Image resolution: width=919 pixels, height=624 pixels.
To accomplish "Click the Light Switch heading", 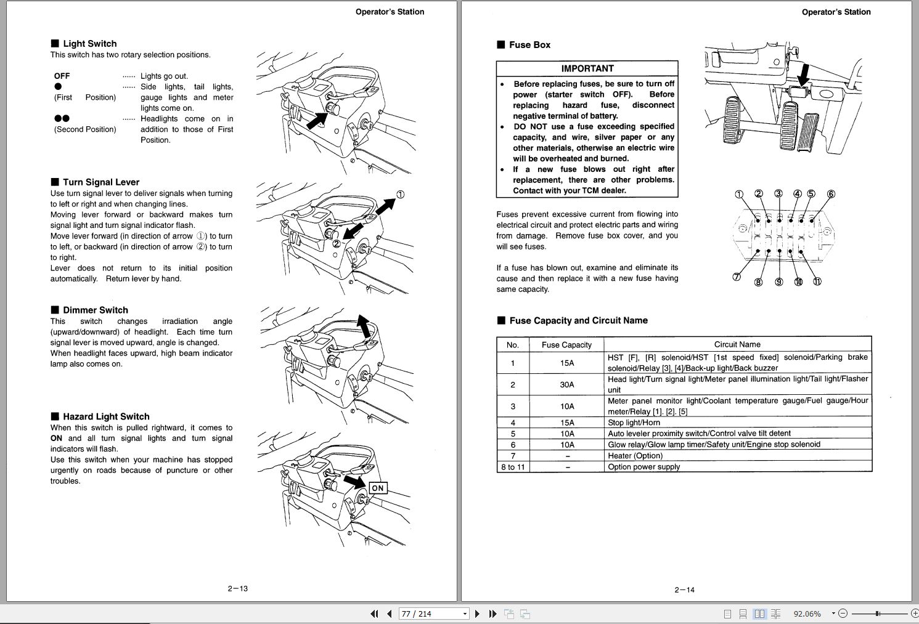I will tap(89, 44).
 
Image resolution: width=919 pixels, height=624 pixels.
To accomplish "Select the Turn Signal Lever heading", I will tap(100, 182).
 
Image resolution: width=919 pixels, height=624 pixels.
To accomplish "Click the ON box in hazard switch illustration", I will tap(377, 488).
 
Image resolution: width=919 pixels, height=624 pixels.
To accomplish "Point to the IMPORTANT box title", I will tap(587, 68).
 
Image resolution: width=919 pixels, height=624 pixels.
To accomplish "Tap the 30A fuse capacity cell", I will tap(566, 384).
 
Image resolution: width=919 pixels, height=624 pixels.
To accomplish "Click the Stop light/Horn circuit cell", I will tap(634, 423).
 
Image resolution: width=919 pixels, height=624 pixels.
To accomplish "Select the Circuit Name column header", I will tap(737, 344).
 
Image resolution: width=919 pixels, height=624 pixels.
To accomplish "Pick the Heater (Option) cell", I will tap(635, 456).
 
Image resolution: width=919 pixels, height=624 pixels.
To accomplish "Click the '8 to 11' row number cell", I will tap(513, 467).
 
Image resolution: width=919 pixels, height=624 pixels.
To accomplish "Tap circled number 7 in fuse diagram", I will tap(736, 277).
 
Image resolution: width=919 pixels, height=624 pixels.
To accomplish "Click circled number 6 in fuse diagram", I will tap(830, 194).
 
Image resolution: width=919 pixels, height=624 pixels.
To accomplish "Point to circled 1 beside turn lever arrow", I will tap(400, 195).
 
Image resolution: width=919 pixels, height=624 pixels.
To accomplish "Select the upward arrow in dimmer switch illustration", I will tap(364, 326).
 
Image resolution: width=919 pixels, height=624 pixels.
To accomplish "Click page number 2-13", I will tap(237, 588).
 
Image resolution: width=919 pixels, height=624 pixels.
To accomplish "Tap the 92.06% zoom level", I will tap(807, 614).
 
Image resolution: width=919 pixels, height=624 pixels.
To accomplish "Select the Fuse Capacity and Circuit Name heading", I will tap(578, 320).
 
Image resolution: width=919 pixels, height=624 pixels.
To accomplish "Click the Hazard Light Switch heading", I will tap(106, 417).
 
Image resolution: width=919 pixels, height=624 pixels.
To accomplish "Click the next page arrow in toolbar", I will tap(477, 614).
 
